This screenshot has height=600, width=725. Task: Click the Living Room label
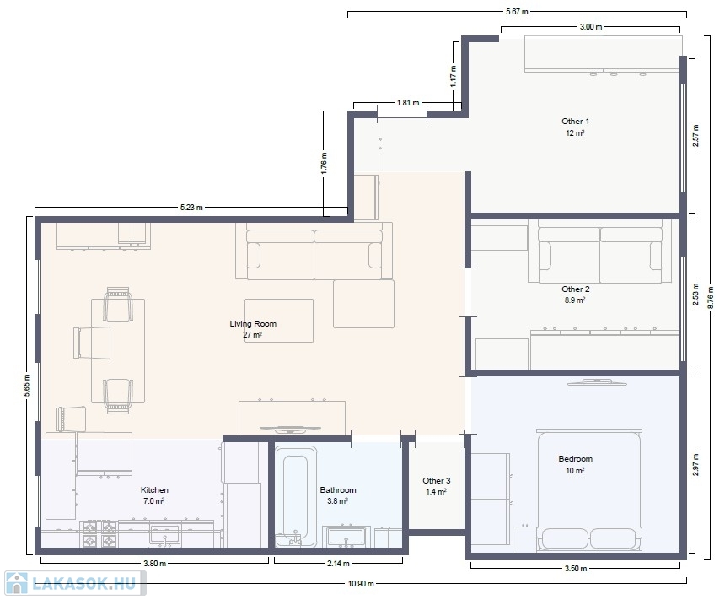pyautogui.click(x=253, y=323)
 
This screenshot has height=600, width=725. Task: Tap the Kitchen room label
pyautogui.click(x=154, y=489)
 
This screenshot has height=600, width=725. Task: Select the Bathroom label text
pyautogui.click(x=338, y=489)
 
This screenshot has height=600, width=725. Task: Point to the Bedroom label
pyautogui.click(x=575, y=459)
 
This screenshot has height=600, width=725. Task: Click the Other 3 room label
pyautogui.click(x=437, y=480)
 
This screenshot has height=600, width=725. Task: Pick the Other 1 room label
pyautogui.click(x=575, y=122)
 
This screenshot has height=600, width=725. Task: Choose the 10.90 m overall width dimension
pyautogui.click(x=361, y=583)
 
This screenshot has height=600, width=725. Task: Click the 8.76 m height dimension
pyautogui.click(x=711, y=297)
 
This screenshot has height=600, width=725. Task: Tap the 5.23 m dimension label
pyautogui.click(x=191, y=207)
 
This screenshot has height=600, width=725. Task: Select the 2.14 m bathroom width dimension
pyautogui.click(x=338, y=563)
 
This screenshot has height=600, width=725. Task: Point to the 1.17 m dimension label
pyautogui.click(x=454, y=76)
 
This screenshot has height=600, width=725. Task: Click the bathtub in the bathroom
pyautogui.click(x=296, y=496)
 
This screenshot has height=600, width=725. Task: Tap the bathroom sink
pyautogui.click(x=346, y=537)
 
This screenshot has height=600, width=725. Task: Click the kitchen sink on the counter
pyautogui.click(x=164, y=535)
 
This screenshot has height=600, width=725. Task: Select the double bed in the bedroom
pyautogui.click(x=589, y=491)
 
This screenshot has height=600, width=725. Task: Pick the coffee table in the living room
pyautogui.click(x=279, y=321)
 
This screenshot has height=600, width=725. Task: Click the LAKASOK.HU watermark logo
pyautogui.click(x=75, y=583)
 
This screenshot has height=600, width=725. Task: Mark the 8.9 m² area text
pyautogui.click(x=575, y=300)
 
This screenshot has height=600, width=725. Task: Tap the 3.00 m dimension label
pyautogui.click(x=591, y=27)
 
